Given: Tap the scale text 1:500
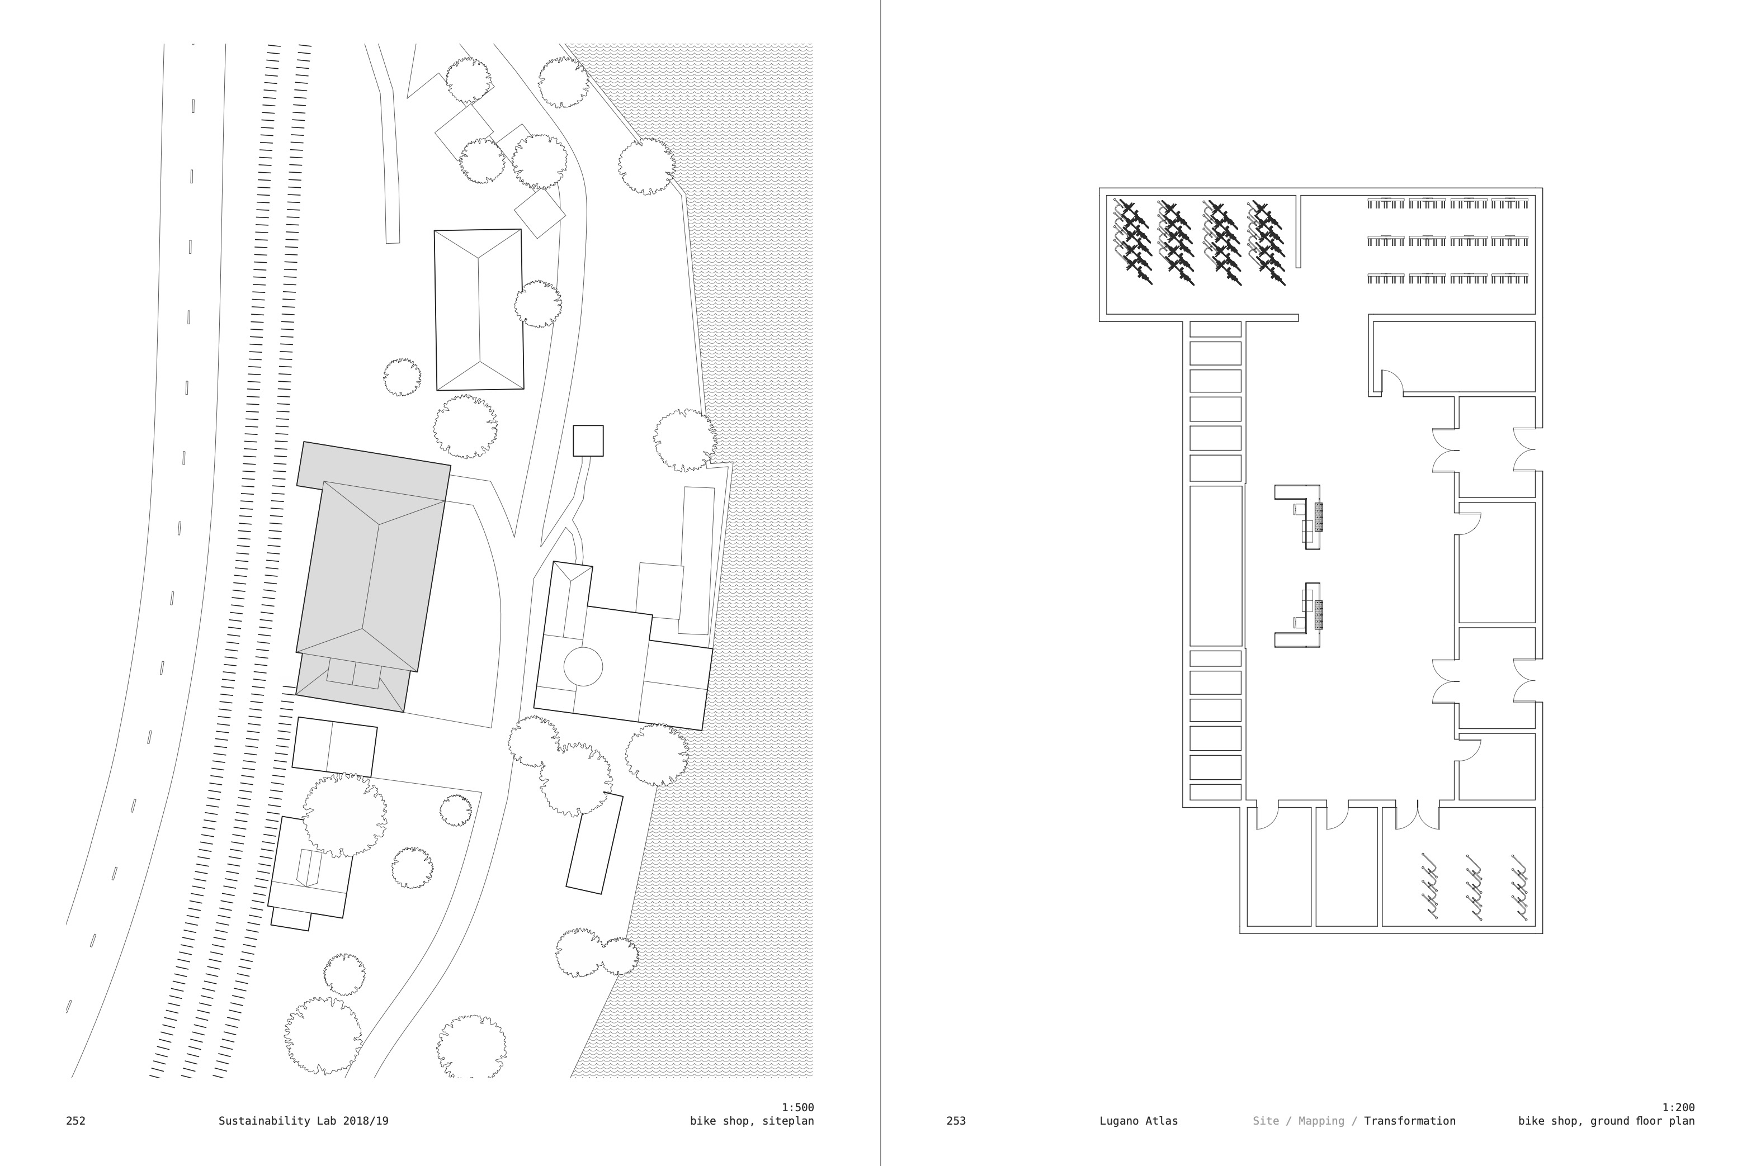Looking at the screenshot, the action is click(x=797, y=1107).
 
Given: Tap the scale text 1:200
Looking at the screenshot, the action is click(x=1678, y=1107).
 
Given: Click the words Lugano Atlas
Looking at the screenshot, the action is click(x=1138, y=1121).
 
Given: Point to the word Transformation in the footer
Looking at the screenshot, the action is click(x=1409, y=1121).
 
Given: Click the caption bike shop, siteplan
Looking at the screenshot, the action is click(x=752, y=1121).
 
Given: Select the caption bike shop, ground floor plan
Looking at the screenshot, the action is click(x=1606, y=1121).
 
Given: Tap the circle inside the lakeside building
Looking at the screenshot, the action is click(x=583, y=666).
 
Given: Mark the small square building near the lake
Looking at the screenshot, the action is click(x=588, y=441).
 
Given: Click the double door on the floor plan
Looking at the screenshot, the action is click(x=1417, y=816).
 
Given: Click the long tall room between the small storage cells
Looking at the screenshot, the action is click(x=1215, y=566).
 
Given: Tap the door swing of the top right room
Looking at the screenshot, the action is click(x=1392, y=382).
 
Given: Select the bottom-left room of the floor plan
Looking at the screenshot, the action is click(x=1278, y=867).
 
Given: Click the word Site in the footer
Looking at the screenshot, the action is click(x=1265, y=1121).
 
